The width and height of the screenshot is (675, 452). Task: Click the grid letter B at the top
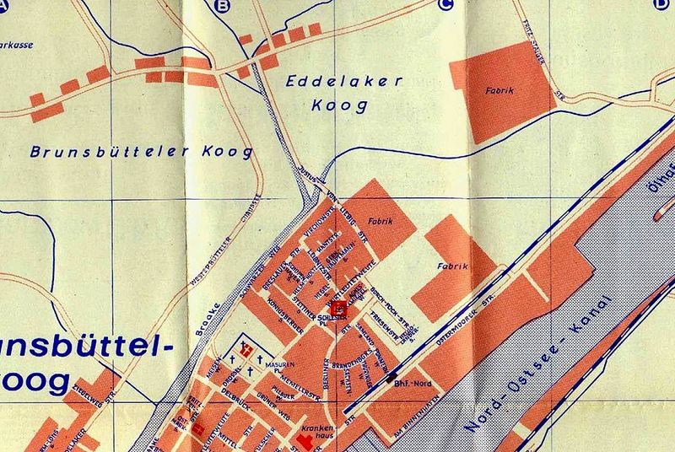[223, 8]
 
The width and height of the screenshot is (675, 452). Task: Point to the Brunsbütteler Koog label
[141, 153]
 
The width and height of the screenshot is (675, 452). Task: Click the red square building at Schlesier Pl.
[338, 309]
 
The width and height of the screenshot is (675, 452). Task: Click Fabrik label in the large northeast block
[499, 88]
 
